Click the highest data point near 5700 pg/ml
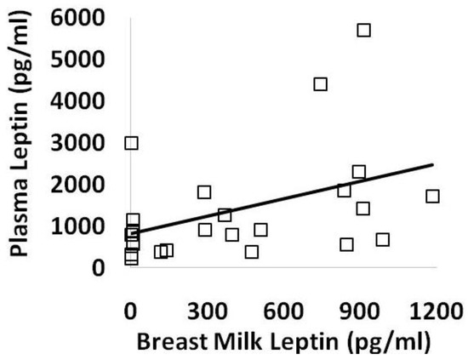coord(364,30)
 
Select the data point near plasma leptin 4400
coord(321,83)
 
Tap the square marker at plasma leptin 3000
coord(131,143)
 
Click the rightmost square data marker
coord(432,196)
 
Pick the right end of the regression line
coord(433,165)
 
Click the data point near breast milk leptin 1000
coord(383,239)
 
